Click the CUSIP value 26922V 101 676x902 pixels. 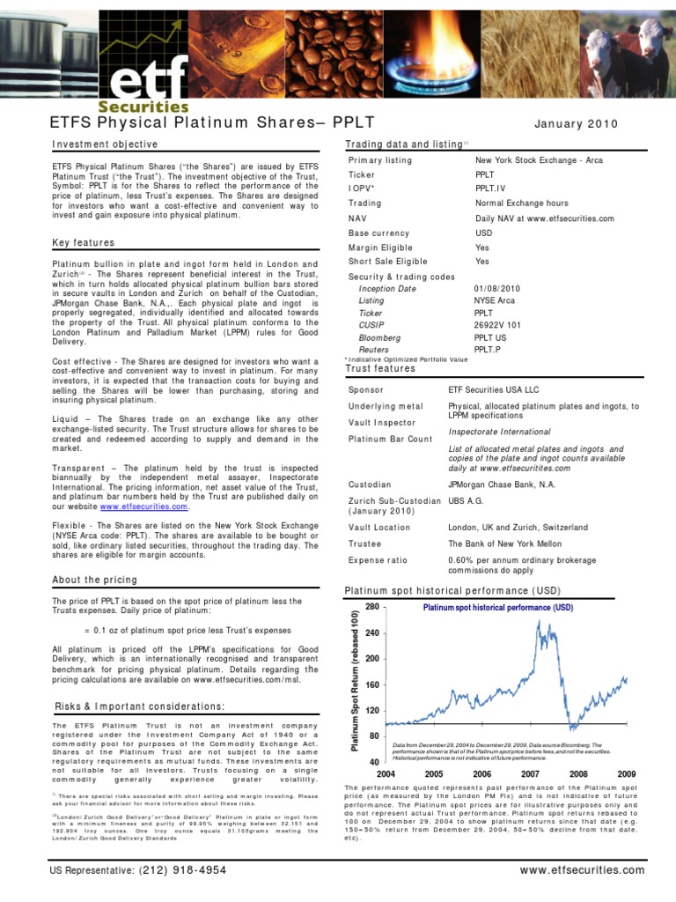[498, 325]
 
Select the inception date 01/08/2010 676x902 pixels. [498, 288]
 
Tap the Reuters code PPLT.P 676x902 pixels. [490, 350]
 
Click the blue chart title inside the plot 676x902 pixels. [497, 608]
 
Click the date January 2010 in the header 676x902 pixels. [576, 124]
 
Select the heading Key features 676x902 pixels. [84, 243]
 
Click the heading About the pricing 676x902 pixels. [95, 580]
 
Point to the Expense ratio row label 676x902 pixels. [378, 560]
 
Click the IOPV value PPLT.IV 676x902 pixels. [490, 189]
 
